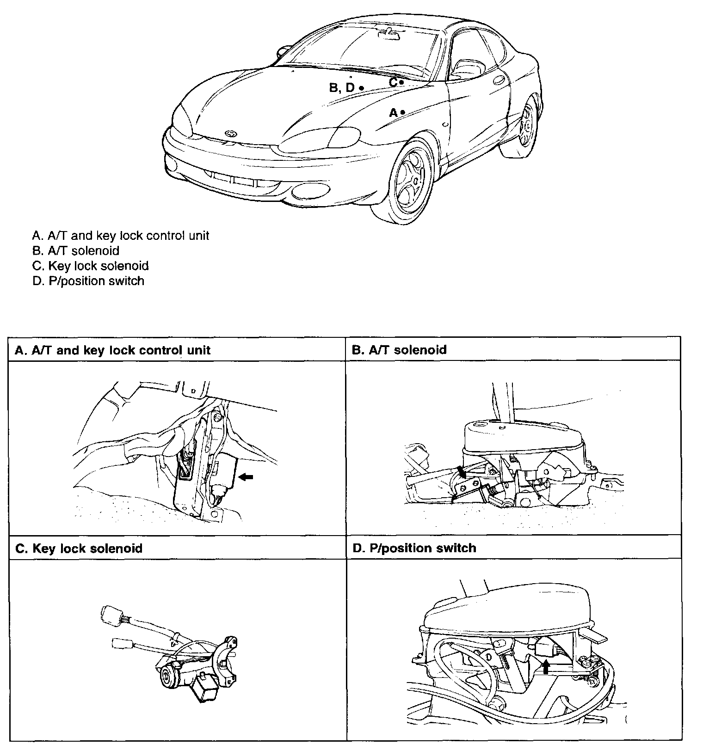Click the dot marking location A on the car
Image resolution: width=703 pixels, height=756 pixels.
point(403,112)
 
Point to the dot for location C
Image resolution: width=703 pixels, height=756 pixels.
point(401,82)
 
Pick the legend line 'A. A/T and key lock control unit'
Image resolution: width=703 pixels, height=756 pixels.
point(121,236)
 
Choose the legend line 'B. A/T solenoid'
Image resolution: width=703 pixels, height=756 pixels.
point(76,251)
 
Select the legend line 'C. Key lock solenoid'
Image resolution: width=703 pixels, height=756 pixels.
point(91,266)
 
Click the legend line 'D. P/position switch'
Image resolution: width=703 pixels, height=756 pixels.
point(88,281)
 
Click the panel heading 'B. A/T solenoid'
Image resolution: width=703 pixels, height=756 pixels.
point(399,350)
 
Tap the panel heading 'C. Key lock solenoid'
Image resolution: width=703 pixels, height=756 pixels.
point(79,549)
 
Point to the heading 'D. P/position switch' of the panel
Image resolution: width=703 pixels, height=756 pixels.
point(414,548)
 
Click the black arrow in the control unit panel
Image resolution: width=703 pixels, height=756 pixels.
point(246,477)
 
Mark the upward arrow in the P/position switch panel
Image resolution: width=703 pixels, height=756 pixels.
point(546,666)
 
